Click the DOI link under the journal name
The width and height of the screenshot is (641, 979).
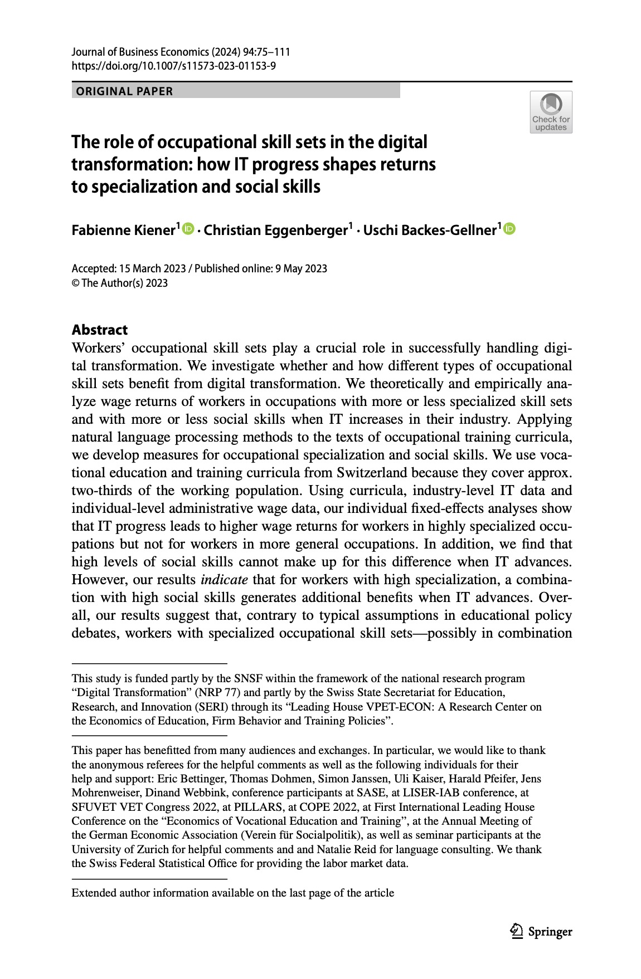coord(173,66)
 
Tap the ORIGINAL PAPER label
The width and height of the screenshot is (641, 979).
coord(124,91)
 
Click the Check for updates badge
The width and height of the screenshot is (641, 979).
coord(551,112)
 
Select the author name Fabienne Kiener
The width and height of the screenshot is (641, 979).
coord(123,230)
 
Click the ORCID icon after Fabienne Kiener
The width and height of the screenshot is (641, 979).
coord(188,229)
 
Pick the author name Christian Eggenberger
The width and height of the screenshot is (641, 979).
coord(275,230)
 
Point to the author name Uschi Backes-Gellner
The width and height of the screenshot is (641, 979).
coord(429,230)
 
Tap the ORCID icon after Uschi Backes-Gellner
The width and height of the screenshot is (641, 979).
coord(509,229)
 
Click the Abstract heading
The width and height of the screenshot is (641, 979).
coord(100,330)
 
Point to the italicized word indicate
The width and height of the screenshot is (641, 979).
coord(224,580)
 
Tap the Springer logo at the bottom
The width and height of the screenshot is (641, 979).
coord(541,932)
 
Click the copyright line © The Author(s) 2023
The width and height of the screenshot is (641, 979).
coord(120,283)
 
